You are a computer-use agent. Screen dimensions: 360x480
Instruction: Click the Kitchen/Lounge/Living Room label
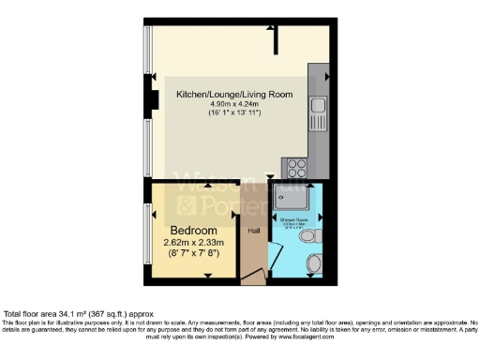point(235,95)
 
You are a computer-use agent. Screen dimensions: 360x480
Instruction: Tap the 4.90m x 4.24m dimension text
point(235,104)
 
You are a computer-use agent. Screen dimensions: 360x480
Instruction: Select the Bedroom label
point(194,230)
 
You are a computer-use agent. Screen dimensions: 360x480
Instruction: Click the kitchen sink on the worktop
point(319,106)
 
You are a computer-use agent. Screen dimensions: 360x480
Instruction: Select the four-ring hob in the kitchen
point(299,168)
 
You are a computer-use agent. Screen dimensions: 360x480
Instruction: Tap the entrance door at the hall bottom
point(250,277)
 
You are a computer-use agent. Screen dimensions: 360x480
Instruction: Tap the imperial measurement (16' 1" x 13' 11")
point(234,113)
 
